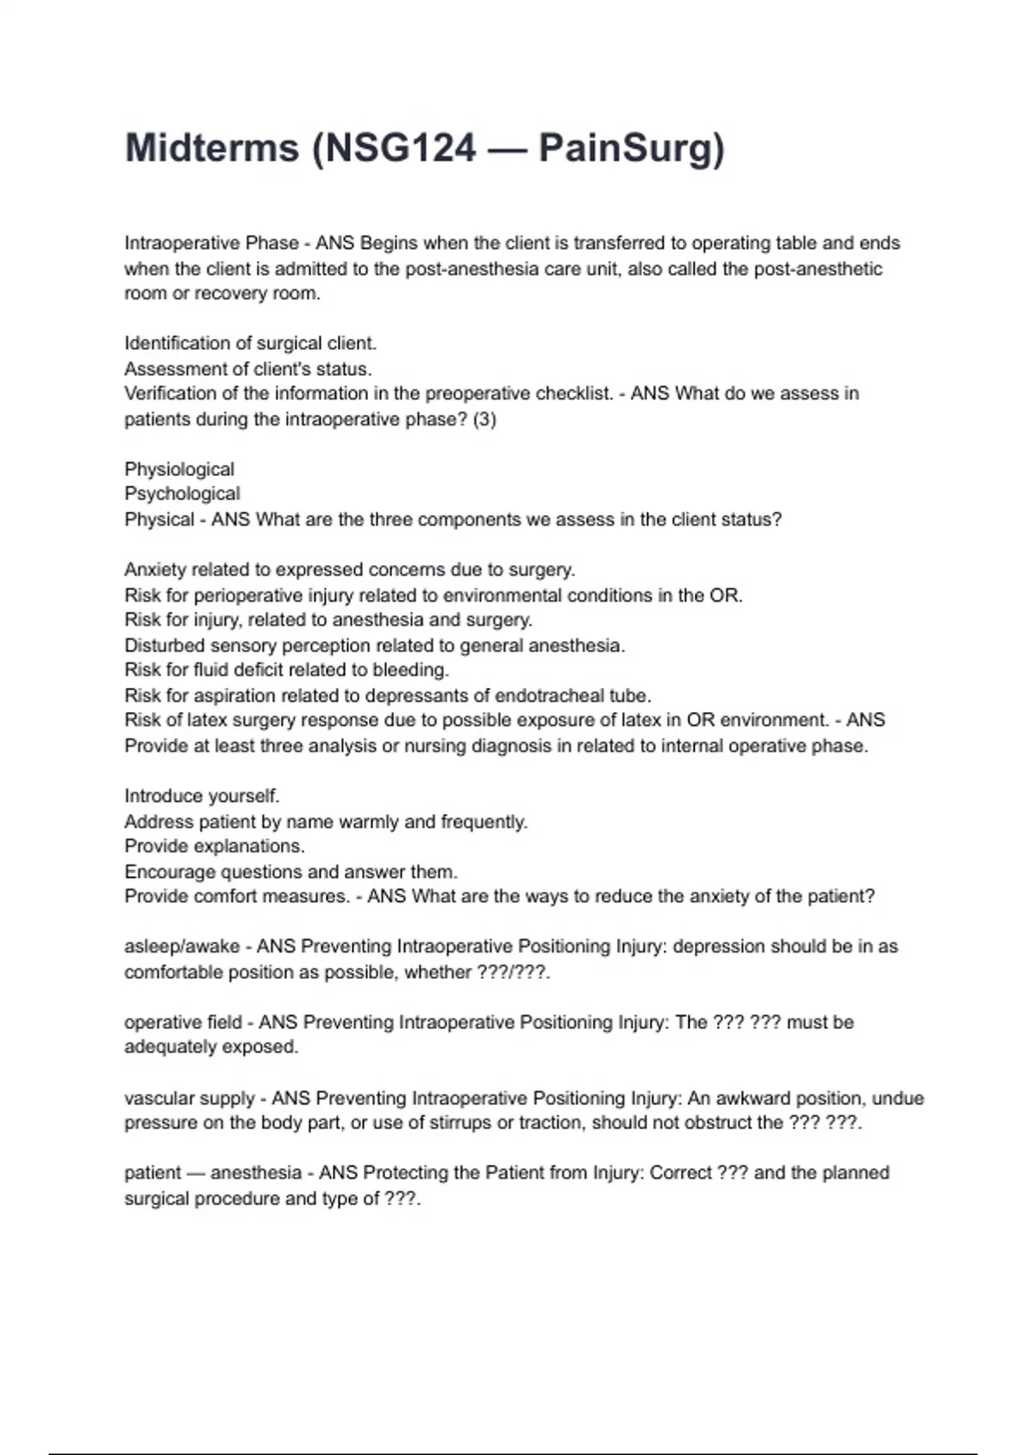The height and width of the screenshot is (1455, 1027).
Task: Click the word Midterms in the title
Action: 211,148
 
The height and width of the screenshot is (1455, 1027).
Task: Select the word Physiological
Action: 179,469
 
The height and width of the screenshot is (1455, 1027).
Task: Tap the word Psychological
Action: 182,494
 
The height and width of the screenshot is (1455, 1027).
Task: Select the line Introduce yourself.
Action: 202,796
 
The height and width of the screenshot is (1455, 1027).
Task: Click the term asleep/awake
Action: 181,947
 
